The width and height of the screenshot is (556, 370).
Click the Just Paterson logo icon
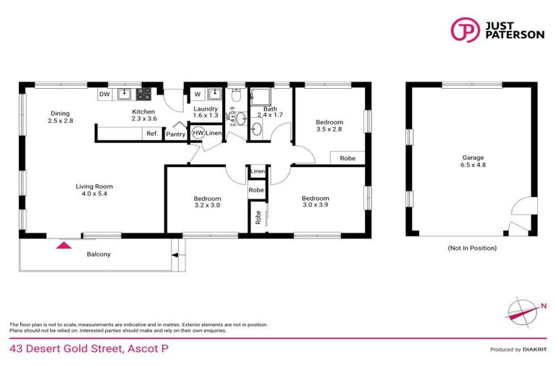[463, 30]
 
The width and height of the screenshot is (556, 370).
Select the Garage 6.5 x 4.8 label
[473, 161]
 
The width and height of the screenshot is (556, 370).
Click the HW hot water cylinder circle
[197, 133]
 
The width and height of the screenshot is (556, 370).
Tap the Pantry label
[175, 134]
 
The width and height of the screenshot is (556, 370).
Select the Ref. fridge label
[152, 134]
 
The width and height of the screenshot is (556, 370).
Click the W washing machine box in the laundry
[196, 94]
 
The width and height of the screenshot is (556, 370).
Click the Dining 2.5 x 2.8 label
[61, 116]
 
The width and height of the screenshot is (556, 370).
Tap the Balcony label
[98, 254]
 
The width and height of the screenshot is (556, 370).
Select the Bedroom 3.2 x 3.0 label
[207, 202]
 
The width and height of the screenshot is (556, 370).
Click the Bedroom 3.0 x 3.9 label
[316, 202]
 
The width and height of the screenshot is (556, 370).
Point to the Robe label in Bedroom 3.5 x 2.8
[347, 158]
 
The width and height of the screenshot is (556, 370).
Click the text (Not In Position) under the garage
[472, 248]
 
